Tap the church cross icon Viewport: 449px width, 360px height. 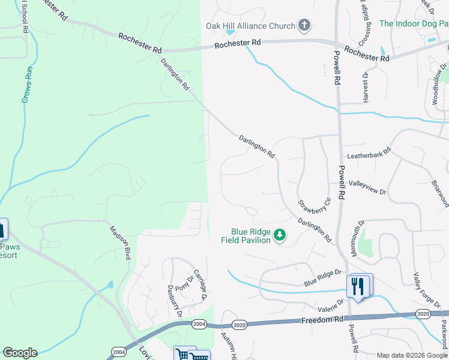pyautogui.click(x=304, y=25)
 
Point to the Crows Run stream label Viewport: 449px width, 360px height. pyautogui.click(x=27, y=84)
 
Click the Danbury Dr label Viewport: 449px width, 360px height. pyautogui.click(x=175, y=301)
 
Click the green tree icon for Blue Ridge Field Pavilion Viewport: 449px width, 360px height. pyautogui.click(x=279, y=236)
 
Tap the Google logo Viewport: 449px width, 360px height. pyautogui.click(x=20, y=353)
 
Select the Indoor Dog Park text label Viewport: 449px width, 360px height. pyautogui.click(x=414, y=23)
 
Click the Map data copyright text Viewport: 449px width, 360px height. pyautogui.click(x=411, y=355)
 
